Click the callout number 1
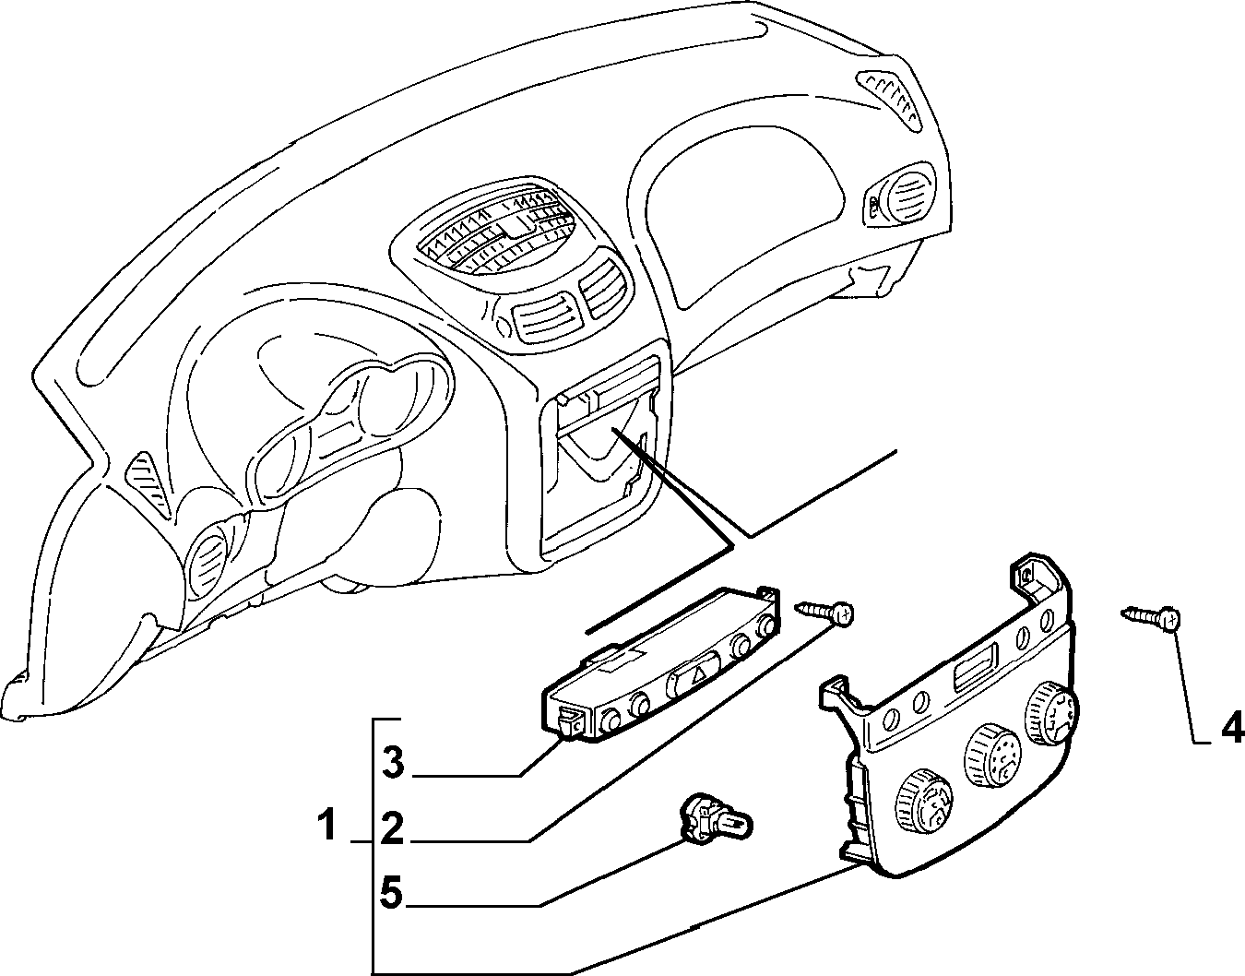[x=327, y=826]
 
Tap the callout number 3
[x=393, y=764]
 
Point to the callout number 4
[x=1232, y=727]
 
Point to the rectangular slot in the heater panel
[x=975, y=667]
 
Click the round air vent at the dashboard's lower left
[x=209, y=559]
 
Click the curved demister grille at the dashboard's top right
[x=890, y=99]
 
